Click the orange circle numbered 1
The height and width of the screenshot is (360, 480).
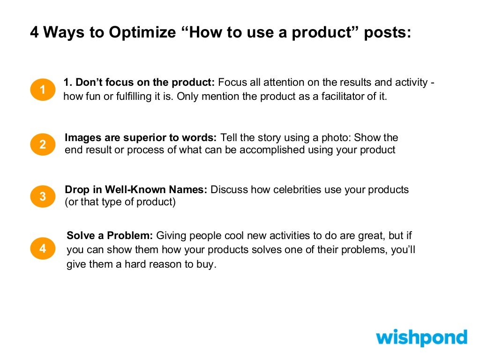pos(43,90)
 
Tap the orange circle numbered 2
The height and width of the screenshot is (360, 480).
pos(43,145)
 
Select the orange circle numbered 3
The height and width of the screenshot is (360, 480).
pos(43,196)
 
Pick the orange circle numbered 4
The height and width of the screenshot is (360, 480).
pos(43,248)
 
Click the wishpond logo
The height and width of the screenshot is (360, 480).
pos(421,338)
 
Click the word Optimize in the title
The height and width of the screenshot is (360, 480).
pos(142,33)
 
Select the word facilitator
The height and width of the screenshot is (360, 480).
pos(341,98)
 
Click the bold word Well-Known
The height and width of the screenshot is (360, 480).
pos(133,190)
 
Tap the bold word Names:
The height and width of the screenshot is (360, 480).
pos(190,190)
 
